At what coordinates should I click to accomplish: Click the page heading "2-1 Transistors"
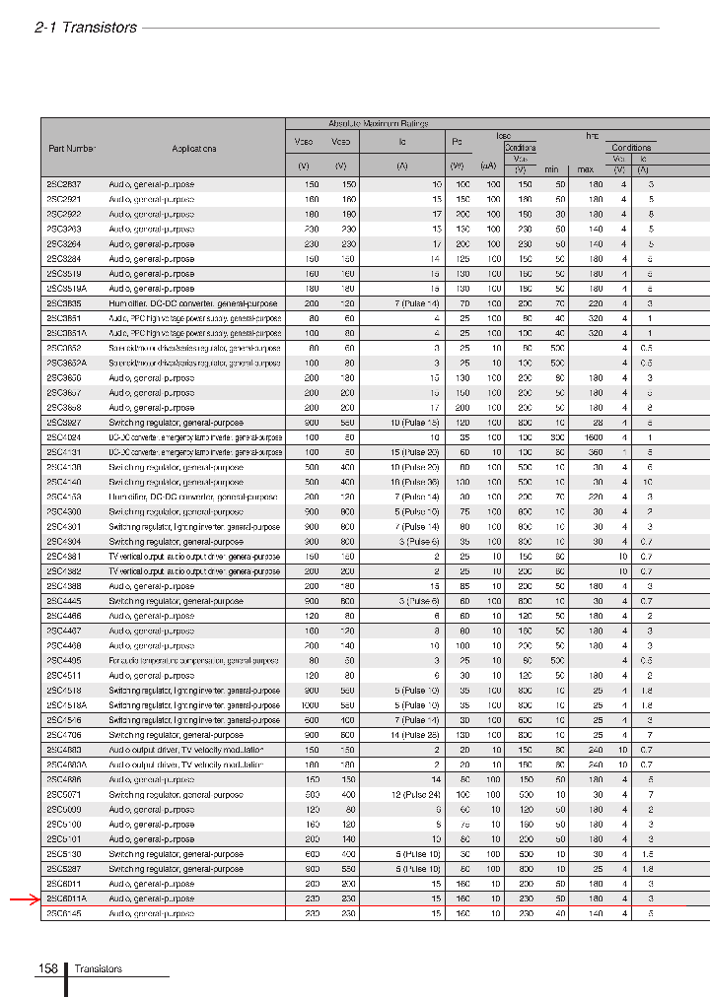86,28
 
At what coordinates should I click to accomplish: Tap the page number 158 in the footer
47,969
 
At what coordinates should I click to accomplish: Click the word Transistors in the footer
99,969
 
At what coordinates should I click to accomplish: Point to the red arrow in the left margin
24,899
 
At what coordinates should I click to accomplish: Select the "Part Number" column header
72,149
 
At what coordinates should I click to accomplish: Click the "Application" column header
194,149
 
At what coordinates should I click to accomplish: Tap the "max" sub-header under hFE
585,169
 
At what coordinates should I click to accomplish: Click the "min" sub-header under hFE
552,169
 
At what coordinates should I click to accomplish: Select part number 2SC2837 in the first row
64,184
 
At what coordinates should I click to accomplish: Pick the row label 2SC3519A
67,289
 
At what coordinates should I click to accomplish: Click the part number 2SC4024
64,436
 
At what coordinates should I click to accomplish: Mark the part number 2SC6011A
67,898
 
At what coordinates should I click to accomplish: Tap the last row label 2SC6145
64,913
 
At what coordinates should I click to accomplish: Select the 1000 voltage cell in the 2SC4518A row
310,704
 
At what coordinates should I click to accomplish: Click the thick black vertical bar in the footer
66,978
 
